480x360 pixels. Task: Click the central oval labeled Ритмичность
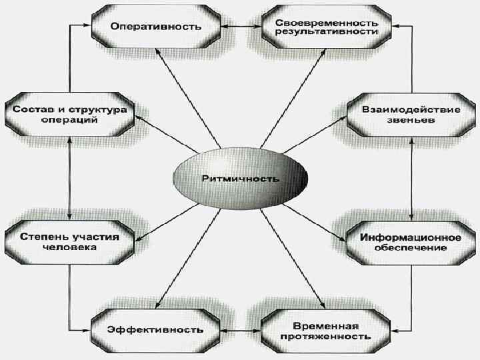click(x=241, y=179)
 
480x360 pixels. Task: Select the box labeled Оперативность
click(x=157, y=27)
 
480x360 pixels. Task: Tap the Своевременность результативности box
click(x=327, y=27)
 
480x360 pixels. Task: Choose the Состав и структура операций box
click(x=69, y=115)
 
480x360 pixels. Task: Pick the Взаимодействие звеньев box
click(x=411, y=115)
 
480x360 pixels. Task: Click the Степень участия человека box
click(x=69, y=241)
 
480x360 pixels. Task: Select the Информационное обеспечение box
click(x=412, y=241)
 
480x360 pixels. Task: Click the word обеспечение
click(x=411, y=248)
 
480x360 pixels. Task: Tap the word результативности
click(x=327, y=32)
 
